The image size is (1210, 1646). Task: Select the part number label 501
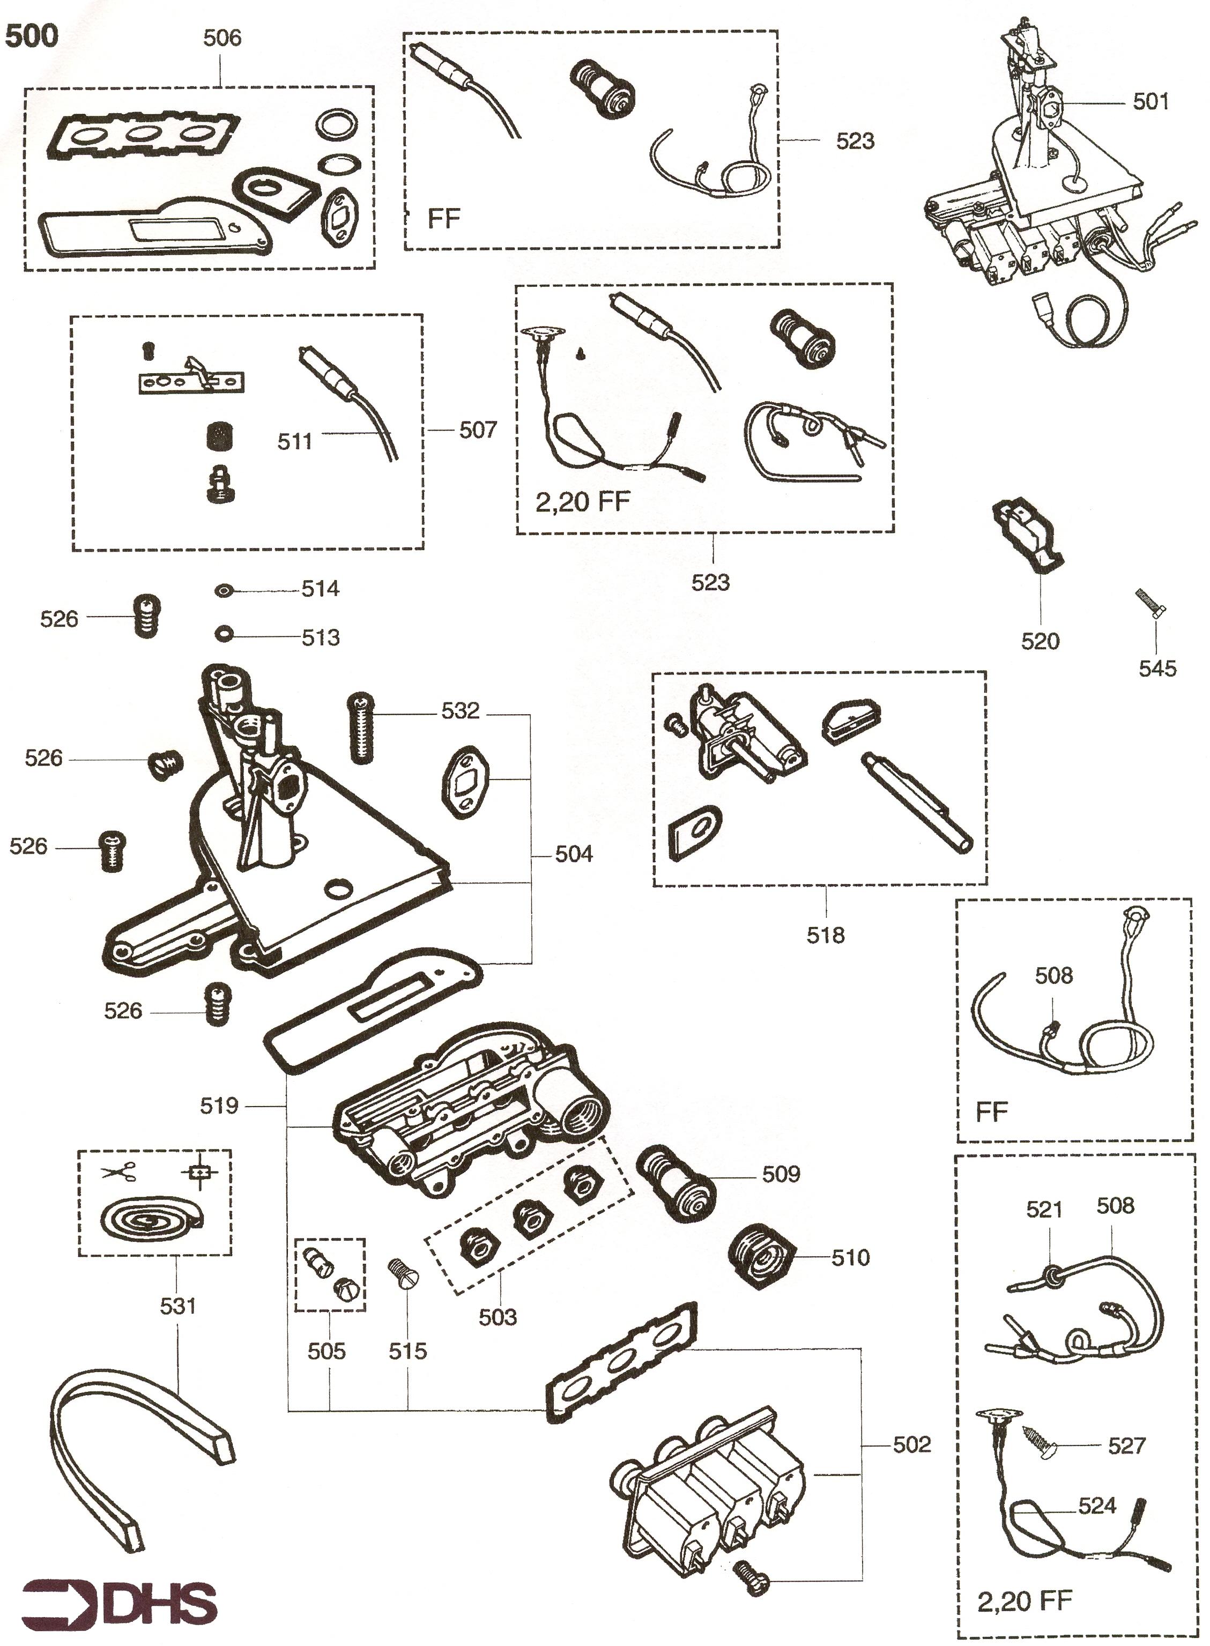click(x=1150, y=102)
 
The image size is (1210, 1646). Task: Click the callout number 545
click(x=1157, y=668)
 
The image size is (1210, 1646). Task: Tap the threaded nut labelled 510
click(x=763, y=1257)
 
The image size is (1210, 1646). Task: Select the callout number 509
click(x=781, y=1174)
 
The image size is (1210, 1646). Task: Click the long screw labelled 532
click(x=361, y=728)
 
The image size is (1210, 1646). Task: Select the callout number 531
click(x=178, y=1306)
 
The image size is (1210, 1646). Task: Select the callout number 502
click(x=912, y=1444)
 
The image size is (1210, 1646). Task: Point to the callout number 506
click(x=222, y=38)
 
